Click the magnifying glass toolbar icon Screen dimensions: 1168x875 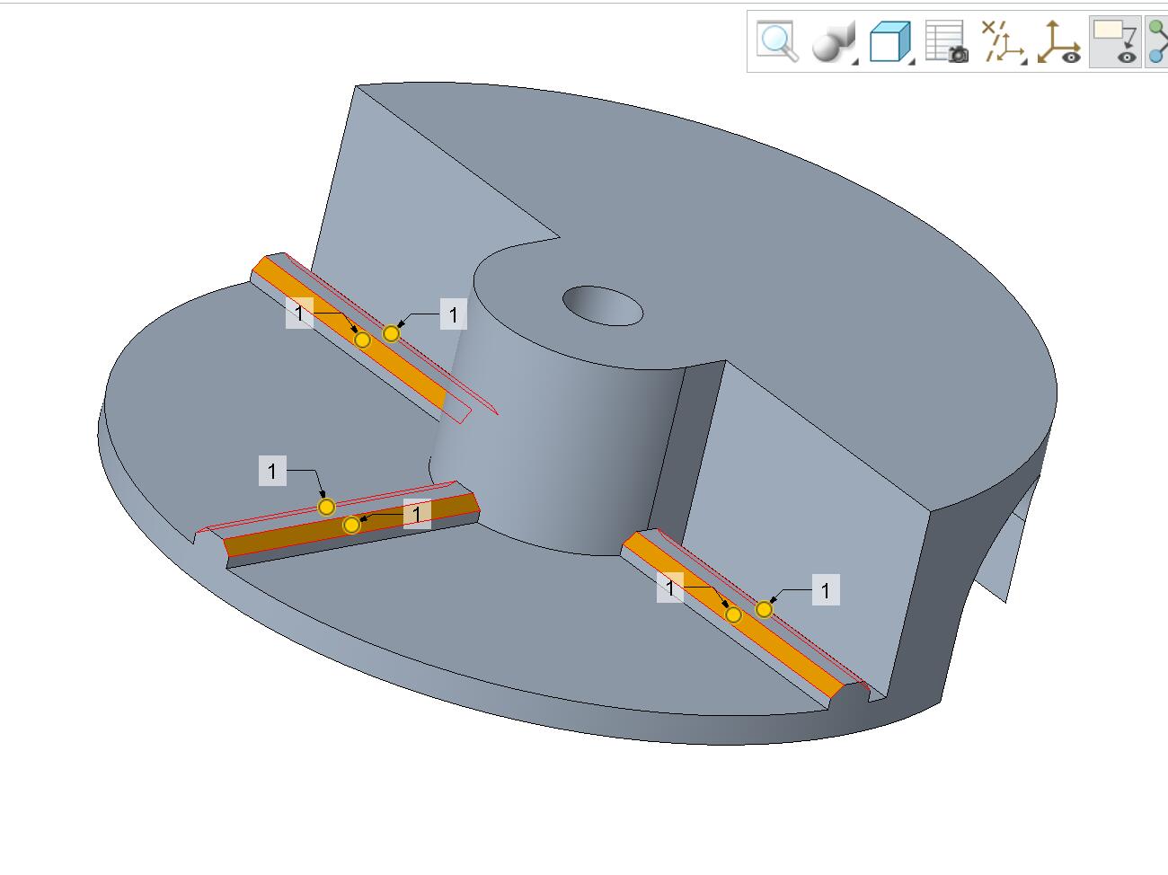[777, 41]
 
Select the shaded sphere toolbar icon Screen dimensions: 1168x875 [834, 42]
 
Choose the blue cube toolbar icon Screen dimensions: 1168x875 [889, 41]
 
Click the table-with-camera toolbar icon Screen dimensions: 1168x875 [947, 41]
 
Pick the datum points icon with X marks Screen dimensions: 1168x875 [1003, 42]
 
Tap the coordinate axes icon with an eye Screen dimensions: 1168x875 [1059, 42]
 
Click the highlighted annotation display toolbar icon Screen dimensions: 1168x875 [1115, 42]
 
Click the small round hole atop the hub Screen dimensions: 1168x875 [602, 305]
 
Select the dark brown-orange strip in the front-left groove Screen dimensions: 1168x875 [350, 525]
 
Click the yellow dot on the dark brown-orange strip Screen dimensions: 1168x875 [351, 526]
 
